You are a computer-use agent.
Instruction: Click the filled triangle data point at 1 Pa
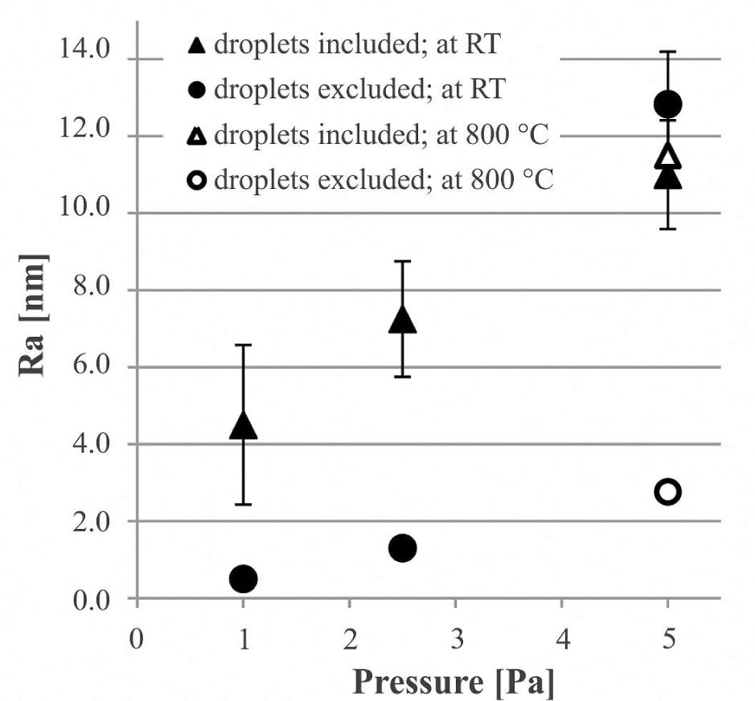(243, 426)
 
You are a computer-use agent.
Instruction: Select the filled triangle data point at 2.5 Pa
(403, 321)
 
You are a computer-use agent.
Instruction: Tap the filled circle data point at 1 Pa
(243, 578)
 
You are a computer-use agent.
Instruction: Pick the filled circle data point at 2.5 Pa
(403, 548)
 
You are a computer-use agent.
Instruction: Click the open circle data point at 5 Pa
(667, 492)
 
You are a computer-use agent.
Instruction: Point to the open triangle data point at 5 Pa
(667, 155)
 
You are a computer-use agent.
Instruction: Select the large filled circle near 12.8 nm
(667, 104)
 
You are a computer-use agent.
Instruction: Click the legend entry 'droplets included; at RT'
(347, 46)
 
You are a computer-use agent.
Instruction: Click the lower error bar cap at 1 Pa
(243, 504)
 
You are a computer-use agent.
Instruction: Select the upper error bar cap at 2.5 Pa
(403, 261)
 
